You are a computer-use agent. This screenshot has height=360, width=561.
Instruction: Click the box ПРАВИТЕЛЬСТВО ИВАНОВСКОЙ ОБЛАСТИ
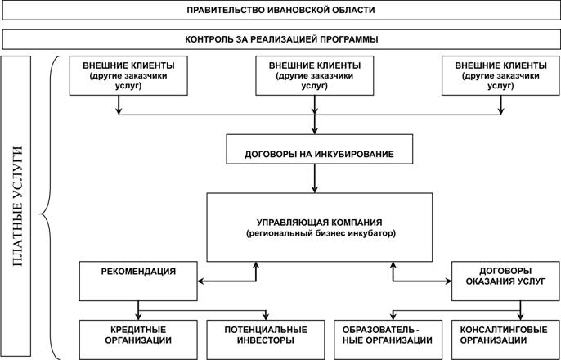point(280,10)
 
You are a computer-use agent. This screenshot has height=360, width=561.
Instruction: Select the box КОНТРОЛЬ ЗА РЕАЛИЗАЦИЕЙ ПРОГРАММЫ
point(280,39)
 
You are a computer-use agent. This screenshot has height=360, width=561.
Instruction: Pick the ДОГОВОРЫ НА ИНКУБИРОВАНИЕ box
point(320,149)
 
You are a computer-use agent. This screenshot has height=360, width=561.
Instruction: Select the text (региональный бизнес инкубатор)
point(320,234)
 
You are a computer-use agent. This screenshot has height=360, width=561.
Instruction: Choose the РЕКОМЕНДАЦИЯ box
point(138,281)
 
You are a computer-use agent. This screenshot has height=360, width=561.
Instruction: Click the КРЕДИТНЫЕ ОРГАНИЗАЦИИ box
point(138,340)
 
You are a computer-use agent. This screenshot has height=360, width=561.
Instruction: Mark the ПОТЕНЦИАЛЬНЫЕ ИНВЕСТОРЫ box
point(266,340)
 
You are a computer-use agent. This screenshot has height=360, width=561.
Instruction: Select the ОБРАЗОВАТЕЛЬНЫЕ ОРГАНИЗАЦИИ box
point(388,340)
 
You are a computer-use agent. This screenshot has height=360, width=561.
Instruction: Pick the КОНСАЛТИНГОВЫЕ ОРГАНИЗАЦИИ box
point(505,340)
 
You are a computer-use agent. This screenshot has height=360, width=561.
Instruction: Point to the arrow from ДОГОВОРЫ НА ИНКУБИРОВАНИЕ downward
point(315,178)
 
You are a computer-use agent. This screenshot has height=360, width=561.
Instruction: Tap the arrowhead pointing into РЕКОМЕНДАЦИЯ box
point(200,281)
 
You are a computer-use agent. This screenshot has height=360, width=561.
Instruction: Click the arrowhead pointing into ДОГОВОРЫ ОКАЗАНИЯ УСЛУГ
point(448,281)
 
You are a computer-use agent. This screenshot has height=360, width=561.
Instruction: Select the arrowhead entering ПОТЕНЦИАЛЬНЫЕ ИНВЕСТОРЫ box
point(266,317)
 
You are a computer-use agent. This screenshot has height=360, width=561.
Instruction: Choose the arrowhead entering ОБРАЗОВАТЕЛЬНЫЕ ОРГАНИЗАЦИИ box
point(393,317)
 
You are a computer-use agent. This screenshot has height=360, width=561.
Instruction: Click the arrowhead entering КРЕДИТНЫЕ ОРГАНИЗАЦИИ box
point(138,317)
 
